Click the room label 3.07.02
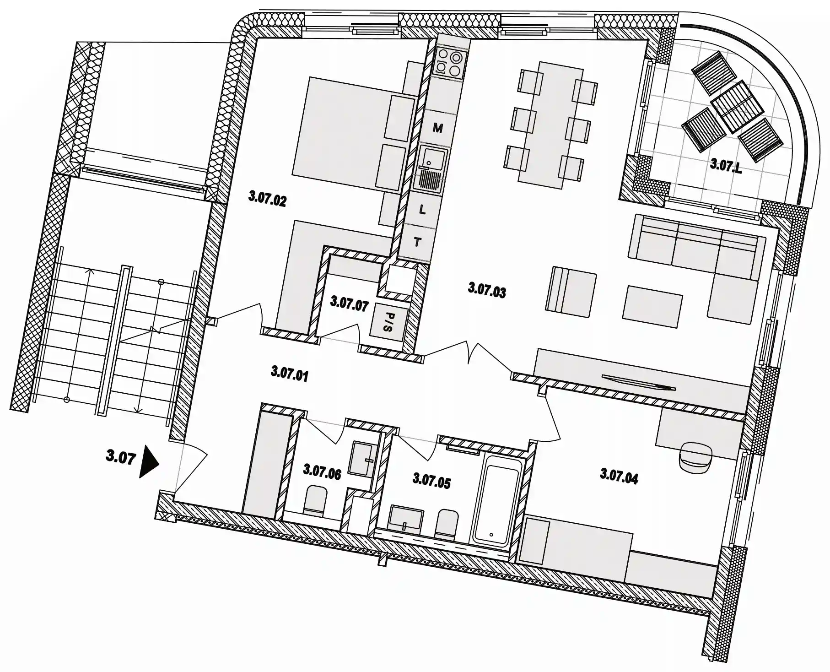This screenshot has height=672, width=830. click(x=267, y=199)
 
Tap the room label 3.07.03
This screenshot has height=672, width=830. click(x=487, y=290)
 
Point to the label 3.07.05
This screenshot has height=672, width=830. click(x=431, y=481)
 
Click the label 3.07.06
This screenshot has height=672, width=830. click(x=322, y=471)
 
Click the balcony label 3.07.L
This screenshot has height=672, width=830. click(x=726, y=165)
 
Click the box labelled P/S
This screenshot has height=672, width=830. click(x=388, y=322)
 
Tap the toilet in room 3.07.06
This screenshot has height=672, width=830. click(x=315, y=500)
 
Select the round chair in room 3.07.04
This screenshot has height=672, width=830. click(x=696, y=455)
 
